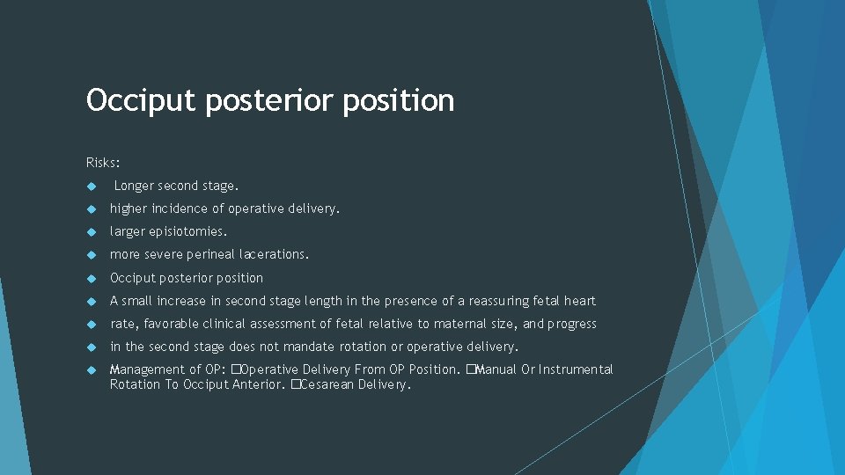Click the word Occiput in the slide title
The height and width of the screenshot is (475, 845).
142,101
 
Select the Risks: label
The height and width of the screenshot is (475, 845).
104,163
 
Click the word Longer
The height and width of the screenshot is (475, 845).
135,186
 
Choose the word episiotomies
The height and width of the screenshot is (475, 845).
188,232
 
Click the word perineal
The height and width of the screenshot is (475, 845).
211,255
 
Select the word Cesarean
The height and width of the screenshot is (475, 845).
325,385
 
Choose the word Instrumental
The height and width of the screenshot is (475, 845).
577,369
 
